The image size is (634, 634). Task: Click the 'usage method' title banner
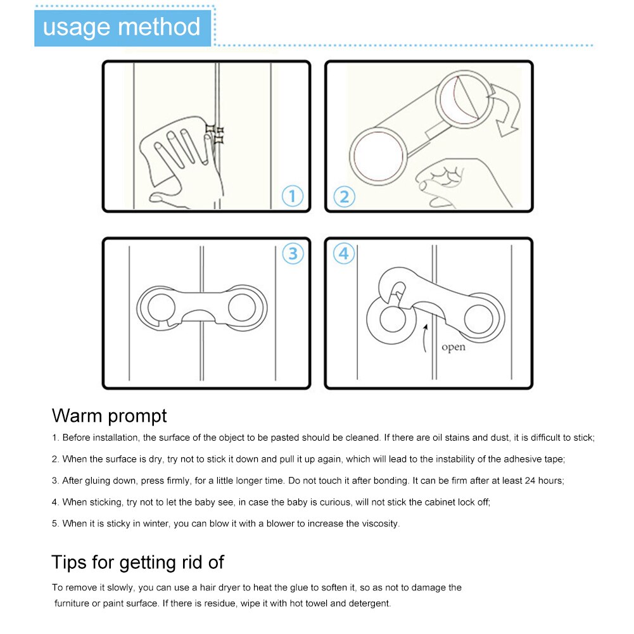click(x=122, y=27)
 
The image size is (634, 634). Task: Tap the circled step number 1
click(x=292, y=196)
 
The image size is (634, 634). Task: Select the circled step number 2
click(x=344, y=196)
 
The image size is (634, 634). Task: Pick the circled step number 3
click(x=292, y=254)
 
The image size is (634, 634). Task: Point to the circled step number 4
click(x=344, y=254)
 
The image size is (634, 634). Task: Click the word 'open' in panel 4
click(x=453, y=348)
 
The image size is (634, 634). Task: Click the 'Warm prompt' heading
click(x=109, y=415)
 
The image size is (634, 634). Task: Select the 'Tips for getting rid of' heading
click(x=137, y=562)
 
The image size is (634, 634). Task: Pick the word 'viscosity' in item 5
click(x=379, y=524)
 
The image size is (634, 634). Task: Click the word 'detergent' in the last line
click(x=370, y=604)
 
